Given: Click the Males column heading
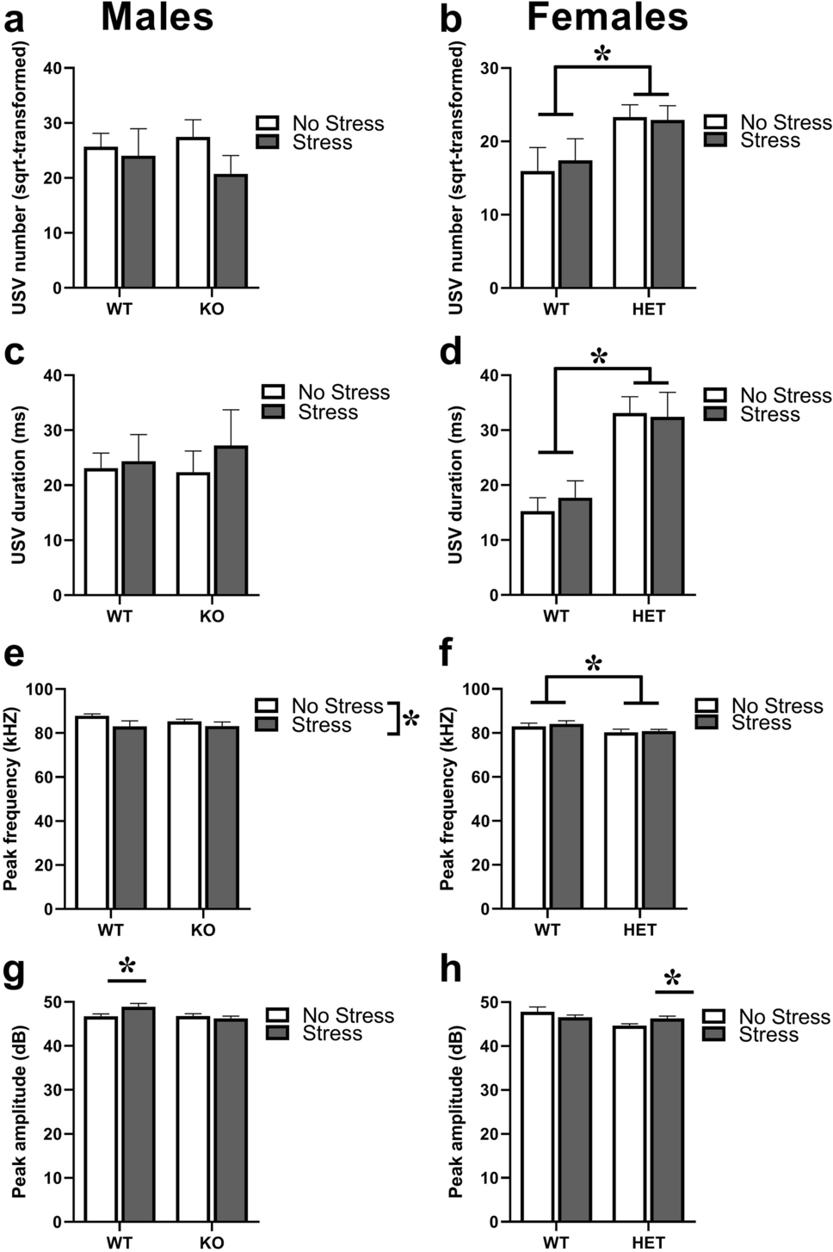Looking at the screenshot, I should (157, 17).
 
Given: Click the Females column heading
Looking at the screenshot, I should (607, 17).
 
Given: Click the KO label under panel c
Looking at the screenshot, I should (212, 617).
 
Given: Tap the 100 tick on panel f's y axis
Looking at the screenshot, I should (476, 690).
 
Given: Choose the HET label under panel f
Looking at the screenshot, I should (639, 930).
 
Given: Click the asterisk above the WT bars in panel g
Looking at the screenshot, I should (127, 965).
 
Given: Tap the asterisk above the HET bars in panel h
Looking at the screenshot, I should (672, 978).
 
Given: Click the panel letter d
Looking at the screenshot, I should (451, 352).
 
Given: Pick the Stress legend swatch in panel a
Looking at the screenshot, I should (268, 142).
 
